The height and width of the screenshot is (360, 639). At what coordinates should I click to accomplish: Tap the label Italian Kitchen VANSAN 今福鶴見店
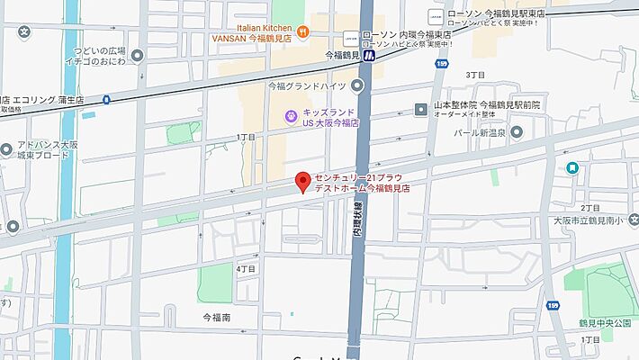point(256,33)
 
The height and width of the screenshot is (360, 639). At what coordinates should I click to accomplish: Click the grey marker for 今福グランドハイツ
point(357,85)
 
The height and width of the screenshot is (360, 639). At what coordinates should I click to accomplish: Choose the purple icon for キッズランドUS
point(291,115)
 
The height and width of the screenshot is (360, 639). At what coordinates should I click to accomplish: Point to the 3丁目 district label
point(475,75)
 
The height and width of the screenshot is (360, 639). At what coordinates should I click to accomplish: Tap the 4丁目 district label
point(246,268)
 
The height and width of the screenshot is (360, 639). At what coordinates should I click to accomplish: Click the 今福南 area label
point(216,318)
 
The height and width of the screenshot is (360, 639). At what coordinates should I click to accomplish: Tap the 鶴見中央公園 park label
point(601,322)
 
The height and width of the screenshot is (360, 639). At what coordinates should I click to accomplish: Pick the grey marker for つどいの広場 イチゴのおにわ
point(137,55)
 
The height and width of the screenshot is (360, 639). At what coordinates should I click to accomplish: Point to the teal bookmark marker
point(572,167)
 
